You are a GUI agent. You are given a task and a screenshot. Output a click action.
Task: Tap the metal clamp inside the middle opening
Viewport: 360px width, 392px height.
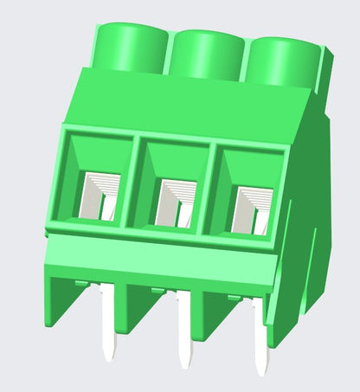(x=177, y=198)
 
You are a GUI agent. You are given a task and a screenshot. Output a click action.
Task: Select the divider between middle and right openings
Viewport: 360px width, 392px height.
(x=212, y=185)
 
